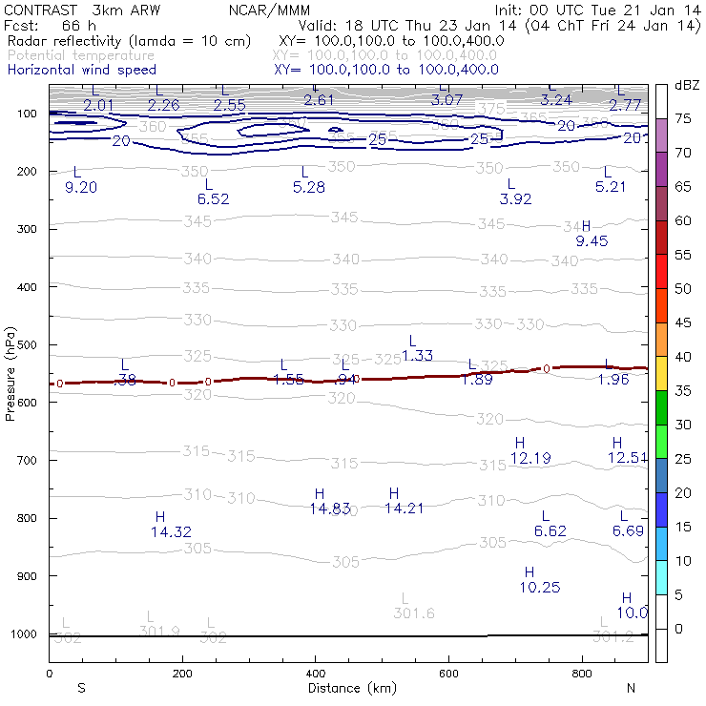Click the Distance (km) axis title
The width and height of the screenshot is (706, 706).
tap(347, 688)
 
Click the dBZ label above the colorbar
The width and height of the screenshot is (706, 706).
tap(687, 85)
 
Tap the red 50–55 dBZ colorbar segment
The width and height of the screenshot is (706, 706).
tap(661, 272)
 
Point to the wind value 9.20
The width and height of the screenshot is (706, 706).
tap(81, 187)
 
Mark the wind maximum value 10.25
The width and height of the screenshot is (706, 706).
tap(540, 587)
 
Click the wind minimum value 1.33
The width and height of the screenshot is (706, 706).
tap(418, 356)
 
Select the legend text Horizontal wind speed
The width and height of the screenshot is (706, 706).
tap(81, 70)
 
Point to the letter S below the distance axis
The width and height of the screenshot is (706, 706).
tap(82, 688)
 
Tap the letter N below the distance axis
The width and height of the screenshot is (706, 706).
tap(631, 688)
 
